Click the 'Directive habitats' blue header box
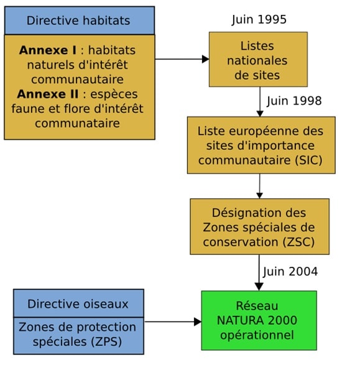pos(80,21)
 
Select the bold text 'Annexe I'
pos(48,50)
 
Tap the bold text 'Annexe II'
pos(48,94)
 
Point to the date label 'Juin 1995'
pos(259,20)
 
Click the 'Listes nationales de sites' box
pos(258,59)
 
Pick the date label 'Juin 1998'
pos(294,101)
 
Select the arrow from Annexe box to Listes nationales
pos(182,59)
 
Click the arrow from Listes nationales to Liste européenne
pos(260,102)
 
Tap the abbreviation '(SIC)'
pos(308,160)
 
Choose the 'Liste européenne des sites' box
pos(261,145)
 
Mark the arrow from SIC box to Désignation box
pos(260,186)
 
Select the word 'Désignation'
pos(241,213)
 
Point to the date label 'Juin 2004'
pos(290,272)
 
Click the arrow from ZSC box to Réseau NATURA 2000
pos(259,272)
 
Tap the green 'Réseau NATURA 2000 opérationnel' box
pos(259,320)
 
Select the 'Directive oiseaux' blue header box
pos(78,303)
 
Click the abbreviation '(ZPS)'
pos(106,342)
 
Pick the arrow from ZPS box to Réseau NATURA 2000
pos(173,322)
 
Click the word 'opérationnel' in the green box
pos(257,335)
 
